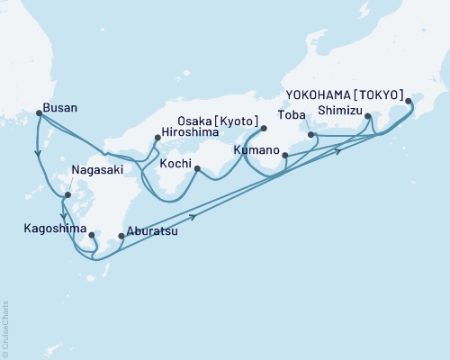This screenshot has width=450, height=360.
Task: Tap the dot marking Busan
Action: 38,112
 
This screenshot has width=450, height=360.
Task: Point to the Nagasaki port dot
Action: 67,195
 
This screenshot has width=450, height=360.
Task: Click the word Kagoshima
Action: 53,228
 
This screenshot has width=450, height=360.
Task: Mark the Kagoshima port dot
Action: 92,236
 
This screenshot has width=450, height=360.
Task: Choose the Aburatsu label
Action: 151,231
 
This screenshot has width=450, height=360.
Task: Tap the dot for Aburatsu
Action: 121,238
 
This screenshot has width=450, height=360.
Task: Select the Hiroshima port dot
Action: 157,138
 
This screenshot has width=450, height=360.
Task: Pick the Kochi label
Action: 175,165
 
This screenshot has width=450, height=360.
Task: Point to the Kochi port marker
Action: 196,168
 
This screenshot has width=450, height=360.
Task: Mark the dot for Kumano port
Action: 284,156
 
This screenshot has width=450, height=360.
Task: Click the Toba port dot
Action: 310,135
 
